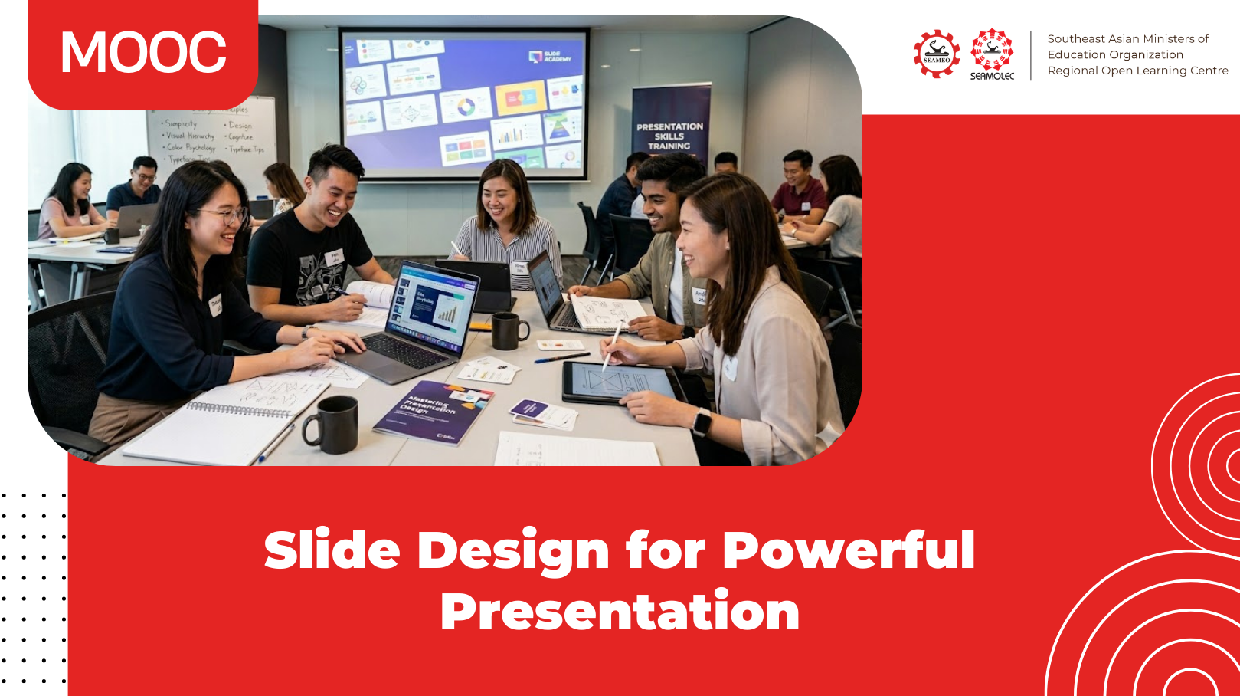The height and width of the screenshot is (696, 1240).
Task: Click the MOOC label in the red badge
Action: tap(143, 53)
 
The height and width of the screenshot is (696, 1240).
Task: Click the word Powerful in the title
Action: tap(848, 550)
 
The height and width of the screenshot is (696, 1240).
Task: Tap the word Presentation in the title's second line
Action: tap(620, 612)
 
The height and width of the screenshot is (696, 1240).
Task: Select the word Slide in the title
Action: tap(332, 550)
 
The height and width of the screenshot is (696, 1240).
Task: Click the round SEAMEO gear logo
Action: tap(936, 54)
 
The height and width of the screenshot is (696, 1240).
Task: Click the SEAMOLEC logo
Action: tap(992, 54)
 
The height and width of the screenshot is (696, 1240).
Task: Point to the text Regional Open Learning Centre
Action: tap(1137, 71)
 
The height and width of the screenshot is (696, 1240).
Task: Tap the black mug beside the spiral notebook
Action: tap(332, 425)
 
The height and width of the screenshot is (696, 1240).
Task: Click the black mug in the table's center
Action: tap(508, 330)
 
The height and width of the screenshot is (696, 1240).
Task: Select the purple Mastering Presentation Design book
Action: tap(433, 412)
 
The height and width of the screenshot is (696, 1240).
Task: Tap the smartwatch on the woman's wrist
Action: tap(702, 422)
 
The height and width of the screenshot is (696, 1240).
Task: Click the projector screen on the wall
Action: tap(464, 103)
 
